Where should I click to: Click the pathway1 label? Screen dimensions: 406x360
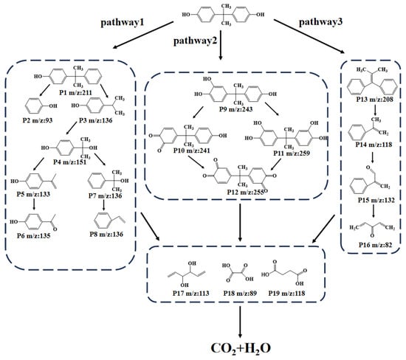[x=123, y=23]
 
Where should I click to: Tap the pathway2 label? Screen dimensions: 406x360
[x=195, y=41]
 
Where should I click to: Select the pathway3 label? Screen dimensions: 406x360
[x=321, y=22]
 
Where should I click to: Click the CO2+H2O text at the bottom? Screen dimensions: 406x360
[x=241, y=348]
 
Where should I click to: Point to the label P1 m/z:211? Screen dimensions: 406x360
[x=75, y=92]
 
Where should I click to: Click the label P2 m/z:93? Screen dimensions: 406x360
[x=38, y=120]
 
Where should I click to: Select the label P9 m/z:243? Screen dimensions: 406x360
[x=236, y=109]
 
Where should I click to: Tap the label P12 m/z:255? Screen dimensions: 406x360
[x=246, y=192]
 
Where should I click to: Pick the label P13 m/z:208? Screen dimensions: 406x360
[x=374, y=100]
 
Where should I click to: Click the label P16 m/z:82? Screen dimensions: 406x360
[x=375, y=245]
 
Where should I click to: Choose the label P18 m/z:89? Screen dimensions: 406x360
[x=240, y=293]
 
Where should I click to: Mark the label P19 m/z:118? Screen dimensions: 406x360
[x=286, y=293]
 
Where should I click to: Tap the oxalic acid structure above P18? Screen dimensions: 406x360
[x=238, y=272]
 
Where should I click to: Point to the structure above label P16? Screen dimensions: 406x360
[x=372, y=229]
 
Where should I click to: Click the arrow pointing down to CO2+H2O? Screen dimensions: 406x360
[x=240, y=322]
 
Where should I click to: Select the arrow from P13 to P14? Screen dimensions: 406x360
[x=375, y=110]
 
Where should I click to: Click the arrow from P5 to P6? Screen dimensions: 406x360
[x=34, y=204]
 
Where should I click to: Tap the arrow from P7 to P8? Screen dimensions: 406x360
[x=103, y=205]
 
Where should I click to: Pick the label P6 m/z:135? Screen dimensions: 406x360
[x=34, y=236]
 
